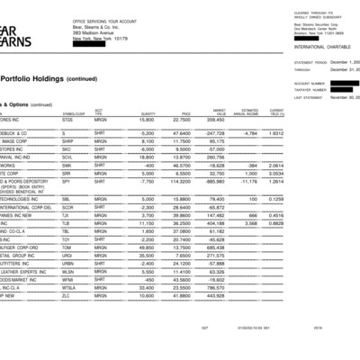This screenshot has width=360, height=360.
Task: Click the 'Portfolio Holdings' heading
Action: [x=40, y=78]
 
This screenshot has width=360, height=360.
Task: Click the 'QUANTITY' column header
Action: [x=148, y=113]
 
